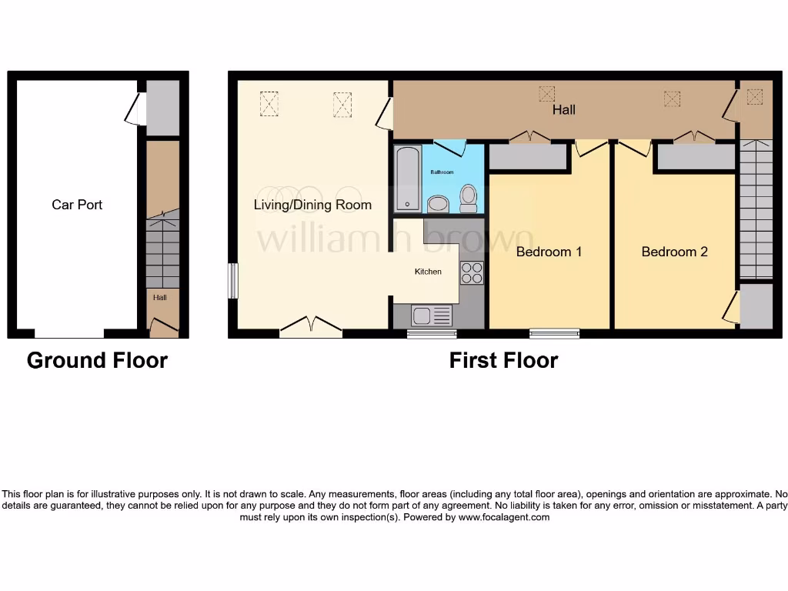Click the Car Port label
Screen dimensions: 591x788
(77, 205)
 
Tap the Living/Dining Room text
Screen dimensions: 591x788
(312, 205)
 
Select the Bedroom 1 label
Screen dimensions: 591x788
(549, 252)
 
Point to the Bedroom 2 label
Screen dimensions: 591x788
(674, 252)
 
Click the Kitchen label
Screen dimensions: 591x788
(428, 272)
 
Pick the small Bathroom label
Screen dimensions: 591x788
(442, 172)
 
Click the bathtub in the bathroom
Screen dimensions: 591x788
(407, 179)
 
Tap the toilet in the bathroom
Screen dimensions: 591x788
(468, 198)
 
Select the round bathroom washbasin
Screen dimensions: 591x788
(438, 203)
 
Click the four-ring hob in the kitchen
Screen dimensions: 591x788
(471, 272)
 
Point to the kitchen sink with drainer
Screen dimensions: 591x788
(432, 316)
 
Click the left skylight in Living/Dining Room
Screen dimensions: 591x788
(269, 104)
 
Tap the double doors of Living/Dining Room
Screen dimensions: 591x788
(311, 327)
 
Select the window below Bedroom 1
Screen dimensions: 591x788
(554, 333)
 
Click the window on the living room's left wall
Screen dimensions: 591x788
(232, 281)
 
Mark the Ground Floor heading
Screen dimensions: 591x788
(97, 360)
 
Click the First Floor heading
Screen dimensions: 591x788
(503, 360)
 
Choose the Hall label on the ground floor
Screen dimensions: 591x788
(159, 297)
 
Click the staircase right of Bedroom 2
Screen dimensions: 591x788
(756, 209)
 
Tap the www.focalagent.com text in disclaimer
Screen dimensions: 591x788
(503, 518)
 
